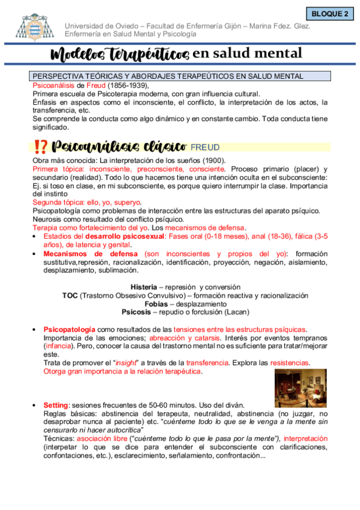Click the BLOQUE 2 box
point(330,13)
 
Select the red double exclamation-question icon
point(41,146)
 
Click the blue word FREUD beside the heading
point(205,147)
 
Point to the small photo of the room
point(301,387)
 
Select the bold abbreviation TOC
point(70,296)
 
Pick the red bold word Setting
point(56,405)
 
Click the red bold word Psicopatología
point(69,330)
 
